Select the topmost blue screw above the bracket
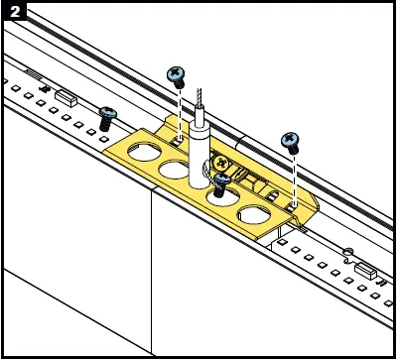pyautogui.click(x=178, y=72)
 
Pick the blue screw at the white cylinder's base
pyautogui.click(x=220, y=181)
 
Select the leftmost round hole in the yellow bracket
pyautogui.click(x=140, y=160)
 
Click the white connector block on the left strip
pyautogui.click(x=67, y=98)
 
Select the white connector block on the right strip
pyautogui.click(x=363, y=268)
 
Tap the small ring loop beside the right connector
pyautogui.click(x=347, y=251)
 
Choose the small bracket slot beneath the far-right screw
pyautogui.click(x=295, y=205)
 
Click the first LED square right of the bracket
pyautogui.click(x=285, y=241)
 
